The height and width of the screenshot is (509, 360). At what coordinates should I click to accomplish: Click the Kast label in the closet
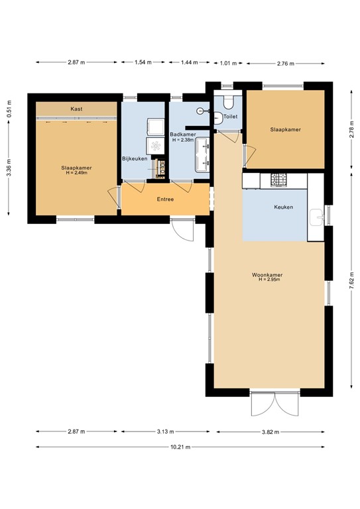76,109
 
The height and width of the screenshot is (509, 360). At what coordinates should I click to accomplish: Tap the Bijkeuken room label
135,158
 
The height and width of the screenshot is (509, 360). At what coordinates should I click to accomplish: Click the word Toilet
230,117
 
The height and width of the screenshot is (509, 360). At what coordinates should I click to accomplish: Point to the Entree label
166,199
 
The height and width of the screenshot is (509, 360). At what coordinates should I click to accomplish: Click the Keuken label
284,207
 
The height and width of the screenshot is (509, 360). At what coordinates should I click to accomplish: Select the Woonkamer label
268,274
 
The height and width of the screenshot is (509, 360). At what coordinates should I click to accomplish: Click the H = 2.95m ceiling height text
269,280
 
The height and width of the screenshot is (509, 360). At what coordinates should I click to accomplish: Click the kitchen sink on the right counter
318,215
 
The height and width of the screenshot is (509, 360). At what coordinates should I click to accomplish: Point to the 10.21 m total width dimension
180,447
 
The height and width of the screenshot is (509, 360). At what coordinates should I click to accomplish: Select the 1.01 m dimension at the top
227,63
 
